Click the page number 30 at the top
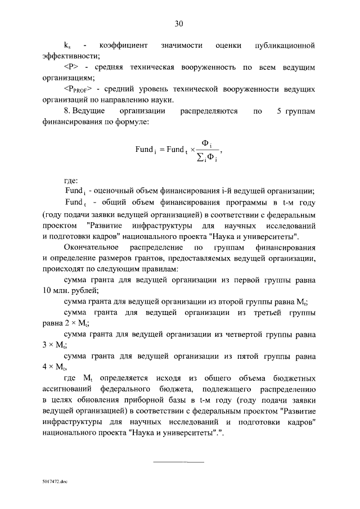coord(179,23)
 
